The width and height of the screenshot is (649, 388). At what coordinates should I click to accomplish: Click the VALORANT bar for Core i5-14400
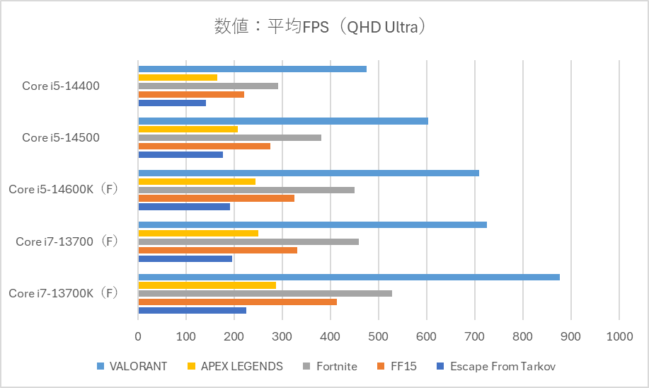coord(252,69)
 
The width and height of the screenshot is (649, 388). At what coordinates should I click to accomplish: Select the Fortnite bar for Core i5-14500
coord(229,137)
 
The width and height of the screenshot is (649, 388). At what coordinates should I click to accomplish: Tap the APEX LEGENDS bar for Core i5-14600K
coord(197,181)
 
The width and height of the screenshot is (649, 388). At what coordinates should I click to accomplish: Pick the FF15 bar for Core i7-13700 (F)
coord(217,250)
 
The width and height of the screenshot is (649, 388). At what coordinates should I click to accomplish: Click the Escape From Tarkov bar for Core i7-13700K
coord(192,310)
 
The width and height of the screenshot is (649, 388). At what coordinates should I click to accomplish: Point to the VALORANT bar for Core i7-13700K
coord(349,277)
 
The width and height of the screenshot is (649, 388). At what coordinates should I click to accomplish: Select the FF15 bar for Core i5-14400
coord(191,94)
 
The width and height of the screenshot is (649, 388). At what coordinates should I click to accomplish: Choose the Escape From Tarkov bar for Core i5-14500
coord(180,154)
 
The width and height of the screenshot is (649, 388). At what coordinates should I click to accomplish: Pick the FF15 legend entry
coord(398,366)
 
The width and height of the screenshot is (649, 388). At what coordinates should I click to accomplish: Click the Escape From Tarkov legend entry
coord(496,366)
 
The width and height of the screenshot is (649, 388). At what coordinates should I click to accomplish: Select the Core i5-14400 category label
coord(61,86)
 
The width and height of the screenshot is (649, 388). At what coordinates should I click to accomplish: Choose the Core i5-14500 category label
coord(61,137)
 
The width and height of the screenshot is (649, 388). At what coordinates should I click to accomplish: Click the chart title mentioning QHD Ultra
coord(323,27)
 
